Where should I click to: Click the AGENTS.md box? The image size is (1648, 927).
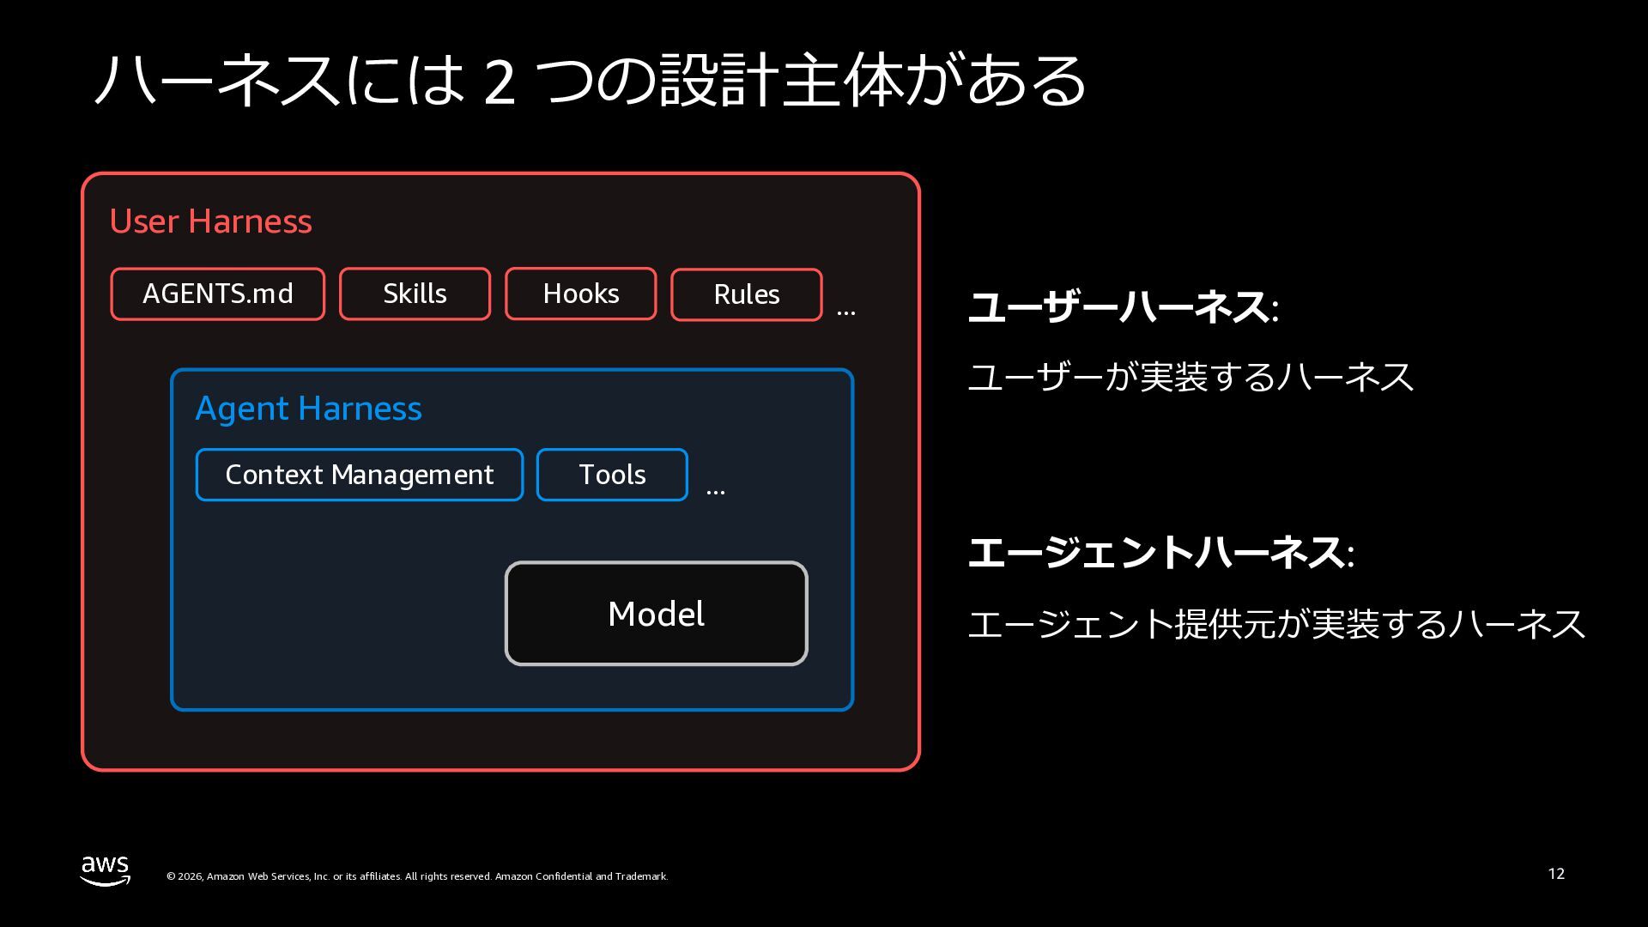218,294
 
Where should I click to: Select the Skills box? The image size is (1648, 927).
415,294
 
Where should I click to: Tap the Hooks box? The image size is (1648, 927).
581,294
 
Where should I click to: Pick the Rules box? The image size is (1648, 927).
747,295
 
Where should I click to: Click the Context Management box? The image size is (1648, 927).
360,475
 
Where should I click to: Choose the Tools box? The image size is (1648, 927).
612,475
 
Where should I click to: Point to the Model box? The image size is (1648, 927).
657,614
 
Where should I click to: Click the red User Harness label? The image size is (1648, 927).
211,221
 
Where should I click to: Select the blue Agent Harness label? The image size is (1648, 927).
309,409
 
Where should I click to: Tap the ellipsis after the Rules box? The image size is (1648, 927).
846,313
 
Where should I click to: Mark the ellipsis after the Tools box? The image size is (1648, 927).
716,493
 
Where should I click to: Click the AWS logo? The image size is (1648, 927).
106,870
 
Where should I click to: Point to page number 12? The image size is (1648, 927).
1556,874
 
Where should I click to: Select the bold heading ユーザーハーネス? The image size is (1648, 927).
1119,307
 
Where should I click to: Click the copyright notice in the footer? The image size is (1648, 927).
417,876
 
